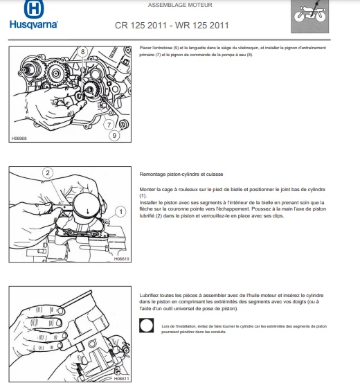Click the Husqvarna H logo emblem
click(34, 9)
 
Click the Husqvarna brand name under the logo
click(34, 25)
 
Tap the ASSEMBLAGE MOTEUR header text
click(180, 5)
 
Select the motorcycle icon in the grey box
click(309, 14)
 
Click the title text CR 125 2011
click(141, 26)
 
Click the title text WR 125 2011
click(201, 26)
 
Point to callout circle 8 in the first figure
click(83, 52)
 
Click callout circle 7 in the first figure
click(109, 125)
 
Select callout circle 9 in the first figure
click(114, 135)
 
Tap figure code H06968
click(19, 139)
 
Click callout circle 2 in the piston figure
click(48, 173)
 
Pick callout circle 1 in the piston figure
click(120, 212)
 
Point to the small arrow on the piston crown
click(88, 211)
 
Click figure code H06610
click(121, 258)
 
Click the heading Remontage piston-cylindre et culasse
click(181, 175)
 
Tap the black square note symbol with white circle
click(147, 326)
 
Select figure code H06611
click(121, 379)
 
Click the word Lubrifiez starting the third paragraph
click(150, 296)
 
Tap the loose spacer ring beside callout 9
click(123, 125)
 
